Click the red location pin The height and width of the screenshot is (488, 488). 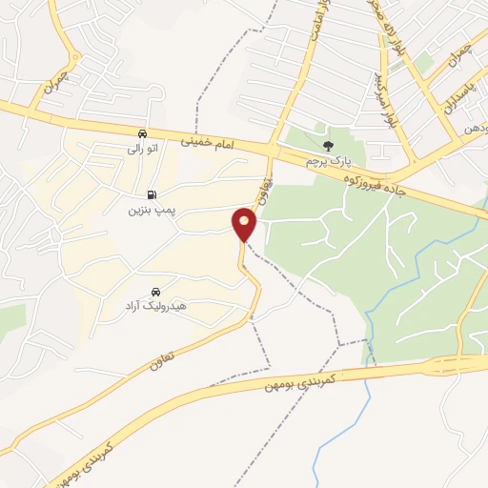pyautogui.click(x=245, y=225)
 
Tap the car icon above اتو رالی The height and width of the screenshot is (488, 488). pyautogui.click(x=142, y=134)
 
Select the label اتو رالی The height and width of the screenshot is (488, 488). pyautogui.click(x=142, y=149)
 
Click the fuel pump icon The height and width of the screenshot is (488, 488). pyautogui.click(x=140, y=195)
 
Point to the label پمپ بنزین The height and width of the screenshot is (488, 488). pyautogui.click(x=140, y=210)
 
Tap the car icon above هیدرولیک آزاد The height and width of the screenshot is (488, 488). pyautogui.click(x=154, y=292)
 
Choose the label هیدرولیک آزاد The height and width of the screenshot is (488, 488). pyautogui.click(x=154, y=307)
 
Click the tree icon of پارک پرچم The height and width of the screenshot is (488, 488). pyautogui.click(x=329, y=147)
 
